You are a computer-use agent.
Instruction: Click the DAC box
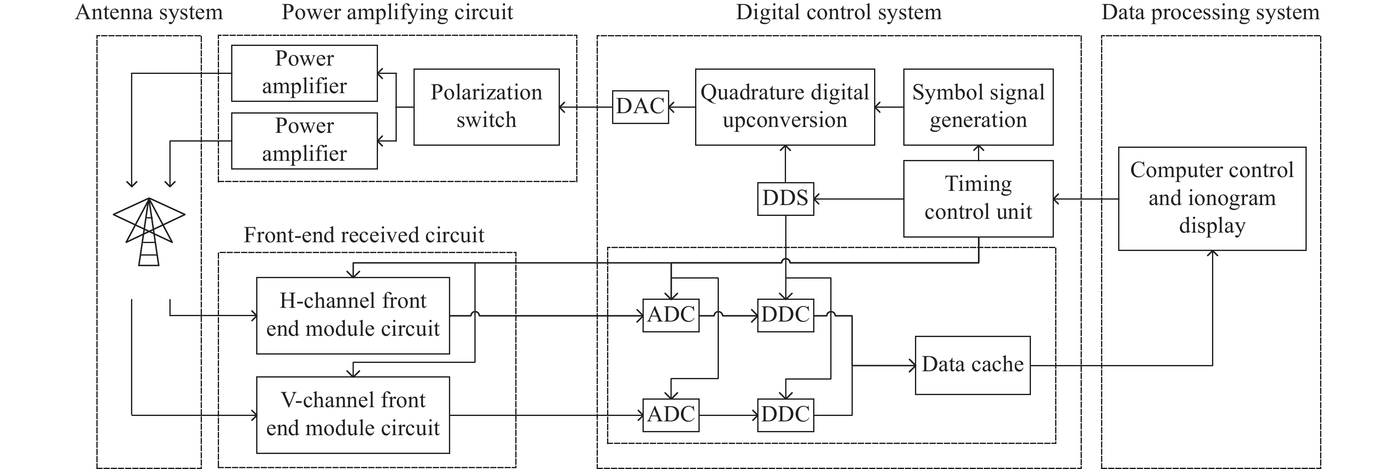(640, 107)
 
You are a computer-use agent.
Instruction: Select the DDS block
(785, 199)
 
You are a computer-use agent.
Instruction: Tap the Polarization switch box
(486, 107)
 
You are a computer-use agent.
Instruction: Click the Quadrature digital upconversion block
(785, 107)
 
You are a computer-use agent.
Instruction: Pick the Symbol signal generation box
(978, 107)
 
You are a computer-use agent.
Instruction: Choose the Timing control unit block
(978, 198)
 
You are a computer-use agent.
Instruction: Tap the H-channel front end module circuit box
(353, 316)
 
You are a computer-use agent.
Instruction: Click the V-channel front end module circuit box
(353, 415)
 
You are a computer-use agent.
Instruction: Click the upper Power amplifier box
(304, 73)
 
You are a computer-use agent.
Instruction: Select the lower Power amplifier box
(304, 140)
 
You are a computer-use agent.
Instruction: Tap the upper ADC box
(671, 315)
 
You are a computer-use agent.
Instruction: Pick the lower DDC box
(785, 415)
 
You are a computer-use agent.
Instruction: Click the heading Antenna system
(149, 13)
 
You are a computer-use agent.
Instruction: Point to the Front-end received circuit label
(364, 235)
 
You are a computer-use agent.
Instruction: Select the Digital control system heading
(838, 13)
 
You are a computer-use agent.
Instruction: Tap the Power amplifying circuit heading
(397, 13)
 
